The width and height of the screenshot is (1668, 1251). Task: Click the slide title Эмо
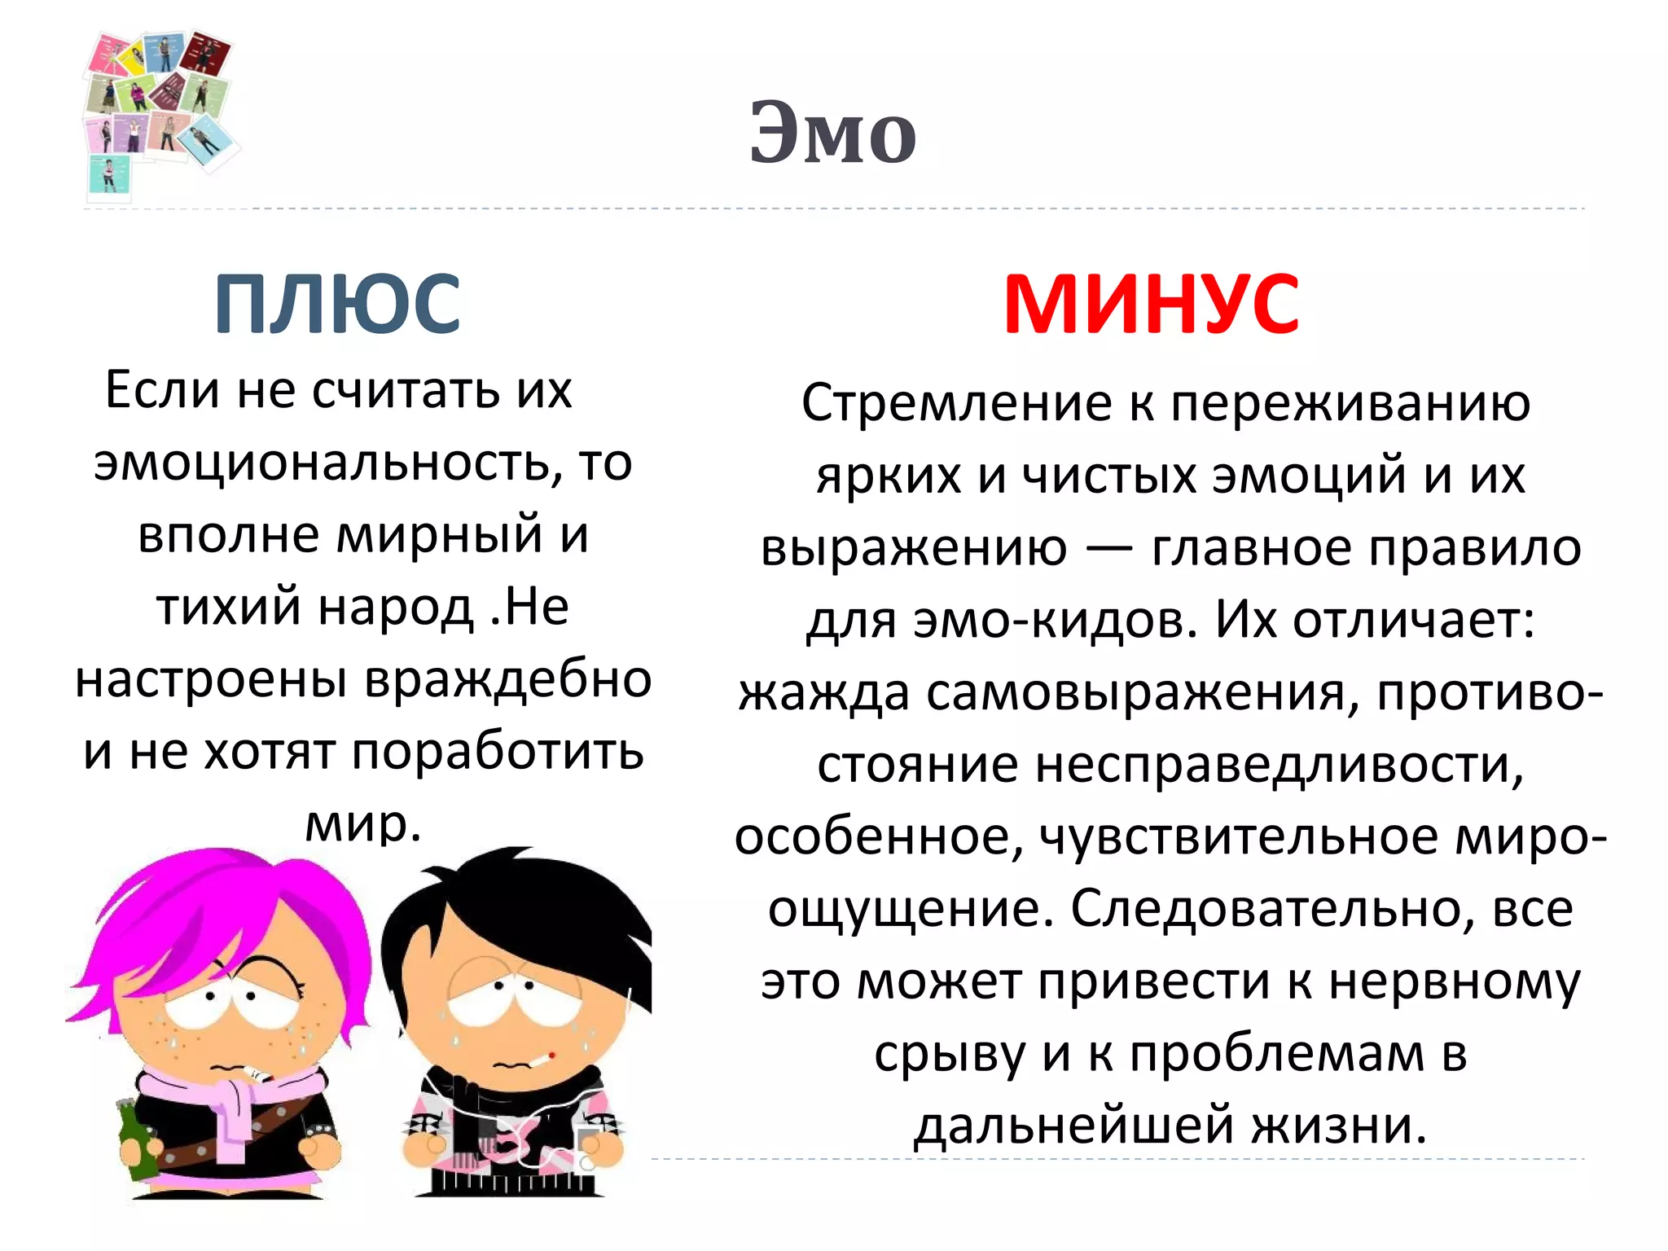click(832, 134)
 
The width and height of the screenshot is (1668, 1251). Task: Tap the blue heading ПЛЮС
click(337, 304)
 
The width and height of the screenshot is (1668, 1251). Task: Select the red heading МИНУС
click(1151, 304)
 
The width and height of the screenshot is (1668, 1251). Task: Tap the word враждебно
click(507, 679)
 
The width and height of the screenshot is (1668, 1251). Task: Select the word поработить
click(498, 751)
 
